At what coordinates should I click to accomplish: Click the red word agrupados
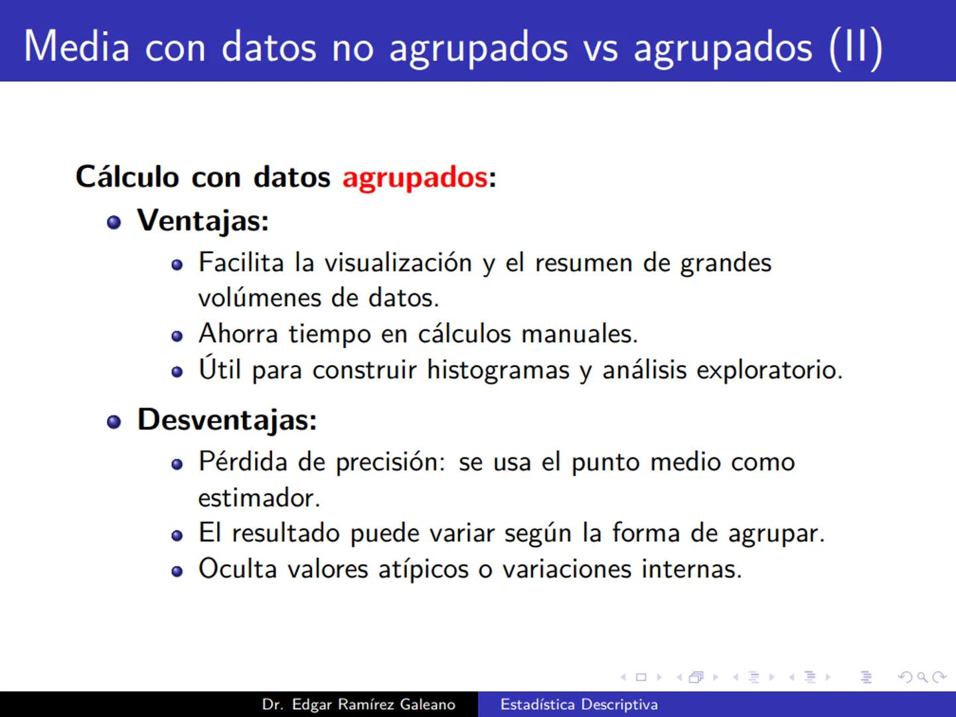click(415, 177)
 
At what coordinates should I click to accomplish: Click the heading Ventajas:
click(202, 220)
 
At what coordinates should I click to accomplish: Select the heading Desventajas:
click(227, 420)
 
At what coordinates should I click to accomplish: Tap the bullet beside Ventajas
click(114, 222)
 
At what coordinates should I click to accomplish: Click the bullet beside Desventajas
click(114, 422)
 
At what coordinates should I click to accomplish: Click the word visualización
click(398, 263)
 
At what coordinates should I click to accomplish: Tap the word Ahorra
click(238, 333)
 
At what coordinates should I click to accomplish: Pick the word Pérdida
click(242, 462)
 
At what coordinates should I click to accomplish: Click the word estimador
click(259, 498)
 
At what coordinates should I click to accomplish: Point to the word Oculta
click(237, 569)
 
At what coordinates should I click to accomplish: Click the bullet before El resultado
click(177, 535)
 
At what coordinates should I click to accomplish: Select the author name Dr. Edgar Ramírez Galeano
click(358, 704)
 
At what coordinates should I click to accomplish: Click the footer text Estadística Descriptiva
click(579, 704)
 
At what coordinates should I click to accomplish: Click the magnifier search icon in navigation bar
click(921, 677)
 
